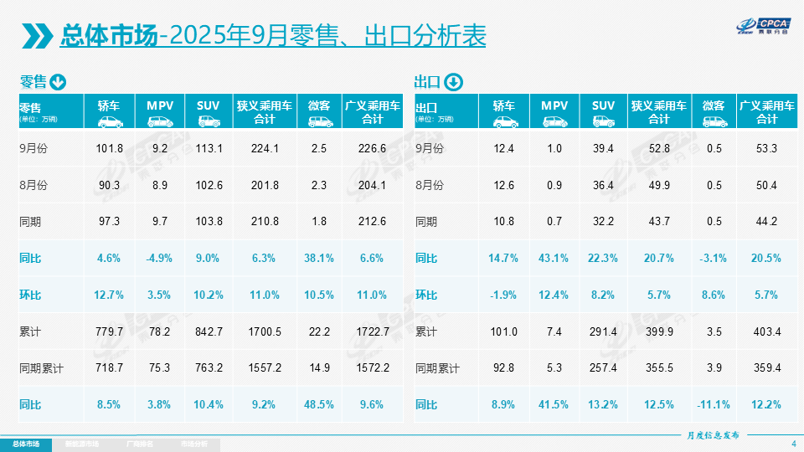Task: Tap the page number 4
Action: [x=793, y=444]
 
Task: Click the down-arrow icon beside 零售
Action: [x=58, y=82]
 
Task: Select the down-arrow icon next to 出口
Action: [x=452, y=82]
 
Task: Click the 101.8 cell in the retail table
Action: [x=109, y=149]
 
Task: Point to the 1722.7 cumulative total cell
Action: [x=372, y=331]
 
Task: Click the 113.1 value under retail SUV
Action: [x=208, y=149]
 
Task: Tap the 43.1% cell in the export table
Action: [x=554, y=259]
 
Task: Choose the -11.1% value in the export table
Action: [x=714, y=404]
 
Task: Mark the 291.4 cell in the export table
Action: [x=603, y=331]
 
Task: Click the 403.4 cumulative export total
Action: [x=767, y=331]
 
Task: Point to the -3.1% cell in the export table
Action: [x=714, y=259]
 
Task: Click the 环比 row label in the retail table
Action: [x=32, y=295]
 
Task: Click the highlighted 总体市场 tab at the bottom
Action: [x=25, y=444]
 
